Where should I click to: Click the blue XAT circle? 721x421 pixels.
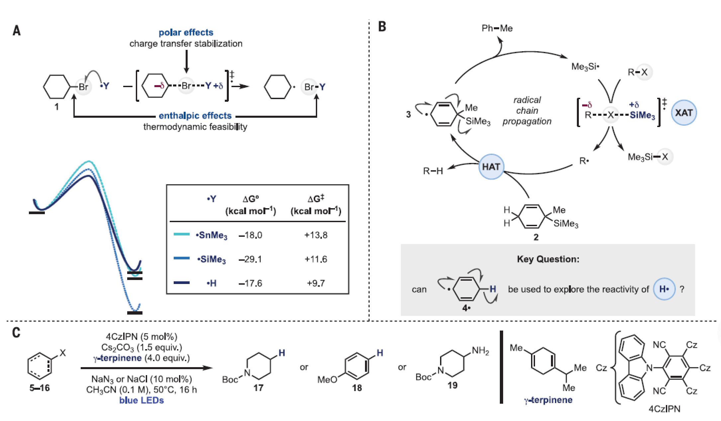coord(684,113)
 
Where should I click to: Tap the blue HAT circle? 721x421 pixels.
coord(491,167)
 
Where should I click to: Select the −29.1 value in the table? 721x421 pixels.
coord(250,259)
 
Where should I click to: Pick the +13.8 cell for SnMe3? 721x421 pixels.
coord(316,235)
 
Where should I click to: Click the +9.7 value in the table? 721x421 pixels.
coord(316,283)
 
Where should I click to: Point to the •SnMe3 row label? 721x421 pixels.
coord(212,235)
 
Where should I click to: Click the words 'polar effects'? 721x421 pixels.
coord(186,32)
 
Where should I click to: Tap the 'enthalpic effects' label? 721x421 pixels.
coord(195,115)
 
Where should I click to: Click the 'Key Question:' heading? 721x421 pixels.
coord(548,259)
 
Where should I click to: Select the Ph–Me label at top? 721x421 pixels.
coord(497,28)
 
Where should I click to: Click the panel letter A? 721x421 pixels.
coord(17,31)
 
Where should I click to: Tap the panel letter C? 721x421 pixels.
coord(16,333)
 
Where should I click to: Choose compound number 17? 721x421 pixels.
coord(258,388)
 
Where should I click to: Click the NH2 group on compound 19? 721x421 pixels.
coord(480,351)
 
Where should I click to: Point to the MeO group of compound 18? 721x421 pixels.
coord(327,379)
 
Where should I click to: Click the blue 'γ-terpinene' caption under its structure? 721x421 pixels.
coord(548,400)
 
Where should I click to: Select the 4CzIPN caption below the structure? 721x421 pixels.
coord(664,409)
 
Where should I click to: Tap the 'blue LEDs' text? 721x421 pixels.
coord(141,400)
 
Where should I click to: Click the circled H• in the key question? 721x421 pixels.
coord(664,289)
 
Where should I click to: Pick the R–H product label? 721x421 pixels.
coord(433,171)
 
